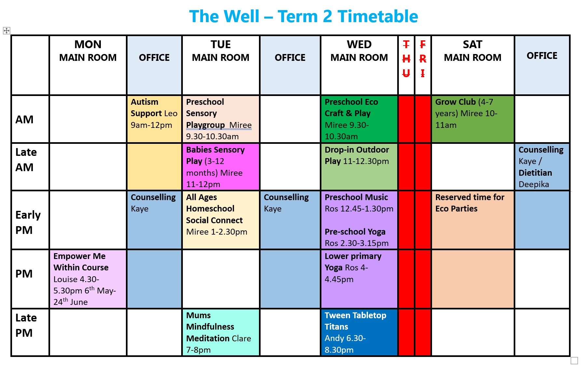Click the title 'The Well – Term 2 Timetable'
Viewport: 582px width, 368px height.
(x=303, y=16)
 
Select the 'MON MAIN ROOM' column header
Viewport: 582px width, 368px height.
(x=88, y=51)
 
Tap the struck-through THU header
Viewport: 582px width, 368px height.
(x=406, y=59)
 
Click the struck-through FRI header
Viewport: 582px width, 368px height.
(x=423, y=59)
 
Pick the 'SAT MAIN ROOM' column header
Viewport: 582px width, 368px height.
(x=472, y=51)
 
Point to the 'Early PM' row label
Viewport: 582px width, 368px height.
(x=28, y=222)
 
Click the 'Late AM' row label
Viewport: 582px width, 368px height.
(x=26, y=159)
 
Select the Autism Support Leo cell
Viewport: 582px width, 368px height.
(x=154, y=114)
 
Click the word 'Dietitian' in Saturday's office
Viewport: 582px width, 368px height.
(x=535, y=173)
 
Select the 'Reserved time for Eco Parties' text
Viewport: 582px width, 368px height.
(x=469, y=203)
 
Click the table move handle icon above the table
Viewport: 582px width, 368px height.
(x=7, y=31)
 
